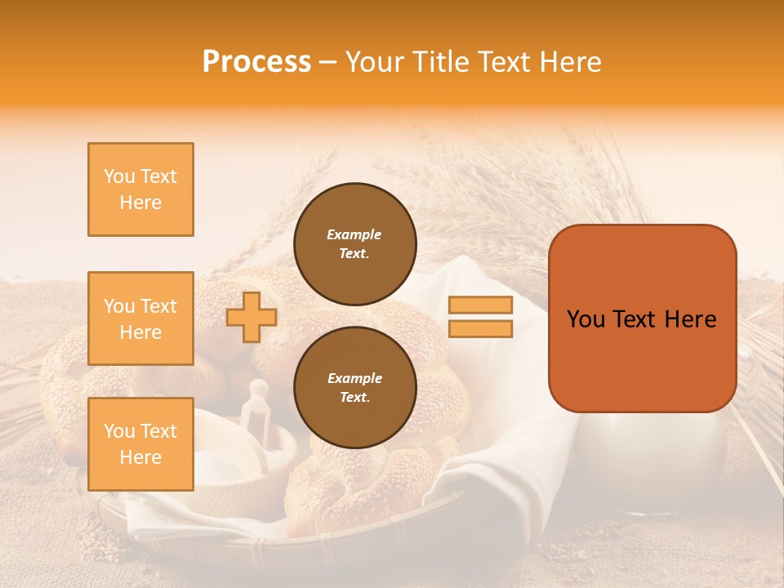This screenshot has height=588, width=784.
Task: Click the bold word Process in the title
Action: pyautogui.click(x=256, y=62)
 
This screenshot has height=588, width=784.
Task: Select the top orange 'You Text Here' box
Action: pyautogui.click(x=140, y=189)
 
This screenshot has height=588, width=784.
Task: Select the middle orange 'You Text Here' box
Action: pyautogui.click(x=140, y=318)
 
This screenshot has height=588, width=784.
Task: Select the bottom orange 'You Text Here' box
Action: pyautogui.click(x=140, y=444)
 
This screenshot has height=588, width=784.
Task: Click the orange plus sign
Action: pyautogui.click(x=251, y=317)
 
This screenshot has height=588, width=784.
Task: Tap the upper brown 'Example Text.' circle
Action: pyautogui.click(x=354, y=244)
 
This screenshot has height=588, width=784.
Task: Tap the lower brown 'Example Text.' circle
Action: pyautogui.click(x=354, y=388)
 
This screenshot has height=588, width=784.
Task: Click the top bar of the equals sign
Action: pyautogui.click(x=480, y=305)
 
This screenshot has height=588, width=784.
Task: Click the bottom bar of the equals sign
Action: pyautogui.click(x=480, y=328)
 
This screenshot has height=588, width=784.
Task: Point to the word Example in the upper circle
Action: pyautogui.click(x=354, y=234)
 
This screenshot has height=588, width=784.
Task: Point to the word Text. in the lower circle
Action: pyautogui.click(x=354, y=398)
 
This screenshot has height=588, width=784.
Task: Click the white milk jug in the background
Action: pyautogui.click(x=670, y=457)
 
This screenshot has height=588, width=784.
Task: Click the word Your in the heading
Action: pyautogui.click(x=372, y=62)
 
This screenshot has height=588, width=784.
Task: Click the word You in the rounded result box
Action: pyautogui.click(x=586, y=319)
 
